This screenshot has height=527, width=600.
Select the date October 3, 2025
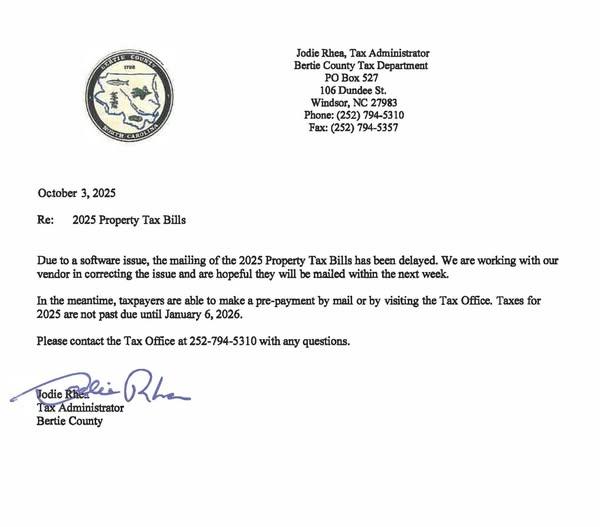tap(78, 192)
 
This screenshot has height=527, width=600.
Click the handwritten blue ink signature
tap(110, 388)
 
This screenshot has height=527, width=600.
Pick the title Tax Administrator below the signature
tap(80, 407)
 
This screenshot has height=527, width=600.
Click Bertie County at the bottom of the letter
tap(70, 421)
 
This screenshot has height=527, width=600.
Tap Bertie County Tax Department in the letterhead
tap(362, 64)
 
